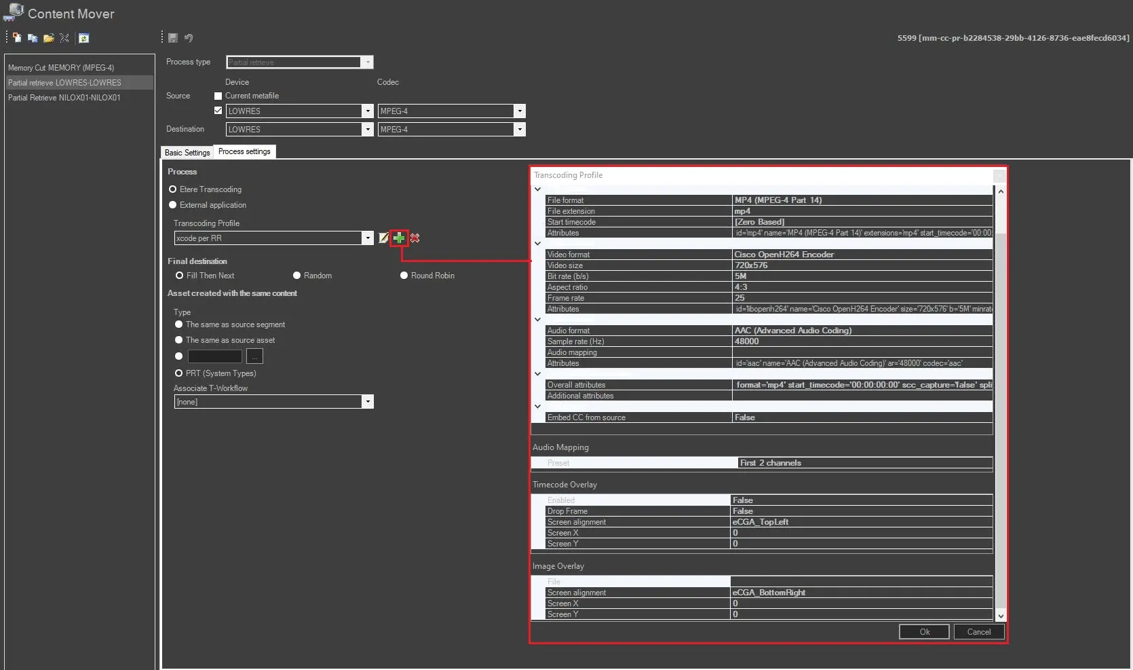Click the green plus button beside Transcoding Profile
399,238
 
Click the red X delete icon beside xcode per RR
415,238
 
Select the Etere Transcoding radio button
173,189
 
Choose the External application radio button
173,205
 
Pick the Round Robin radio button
404,276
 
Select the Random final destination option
297,276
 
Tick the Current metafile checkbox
218,96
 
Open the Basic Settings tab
187,153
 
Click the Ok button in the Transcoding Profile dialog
924,632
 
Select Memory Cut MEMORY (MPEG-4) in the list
61,68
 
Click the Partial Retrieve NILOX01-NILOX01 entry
64,98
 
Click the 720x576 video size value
751,265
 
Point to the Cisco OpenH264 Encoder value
784,255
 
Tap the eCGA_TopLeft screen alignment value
760,522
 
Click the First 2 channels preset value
770,463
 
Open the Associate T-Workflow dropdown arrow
368,402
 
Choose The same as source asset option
179,340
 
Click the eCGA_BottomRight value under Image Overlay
769,593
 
